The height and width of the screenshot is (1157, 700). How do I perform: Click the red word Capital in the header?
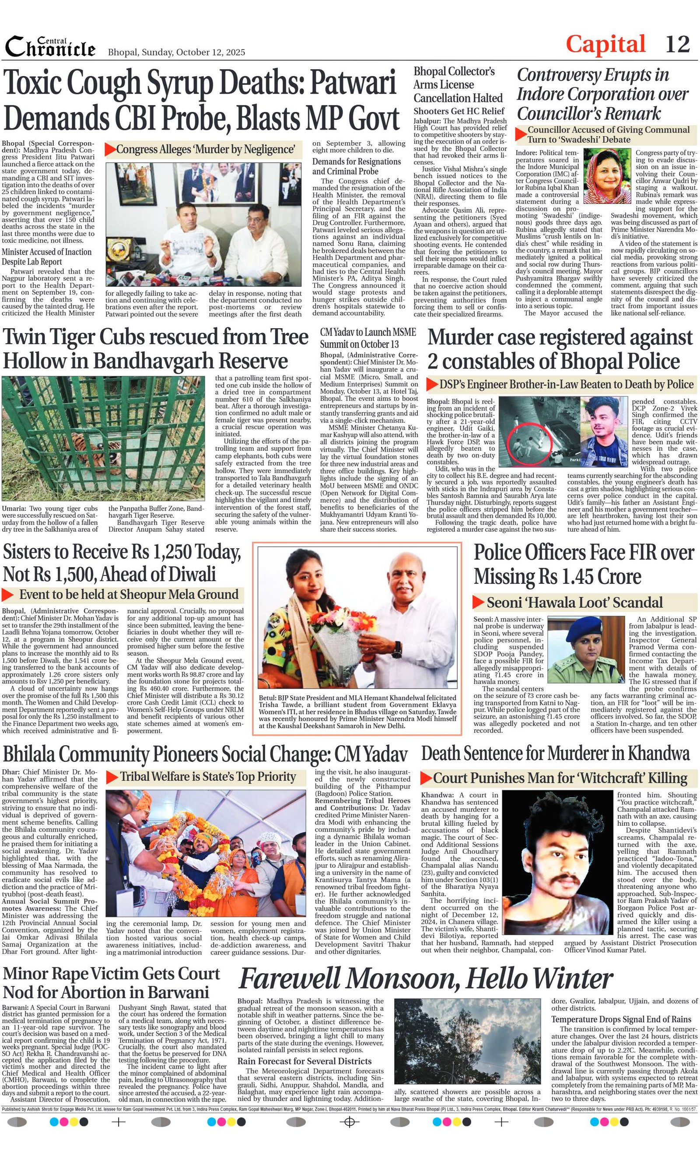coord(605,45)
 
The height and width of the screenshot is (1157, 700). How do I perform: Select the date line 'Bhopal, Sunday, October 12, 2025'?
coord(176,53)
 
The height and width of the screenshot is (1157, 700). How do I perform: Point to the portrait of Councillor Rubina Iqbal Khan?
coord(607,175)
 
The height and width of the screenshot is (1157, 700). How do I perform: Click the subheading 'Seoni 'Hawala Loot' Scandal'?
coord(574,603)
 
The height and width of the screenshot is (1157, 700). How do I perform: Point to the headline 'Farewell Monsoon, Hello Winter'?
coord(425,980)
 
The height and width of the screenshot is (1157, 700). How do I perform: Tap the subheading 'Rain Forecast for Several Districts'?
coord(304,1061)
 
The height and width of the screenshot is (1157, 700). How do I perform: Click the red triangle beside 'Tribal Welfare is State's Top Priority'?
coord(112,777)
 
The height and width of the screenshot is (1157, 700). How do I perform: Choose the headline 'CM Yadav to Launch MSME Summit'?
coord(367,338)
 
